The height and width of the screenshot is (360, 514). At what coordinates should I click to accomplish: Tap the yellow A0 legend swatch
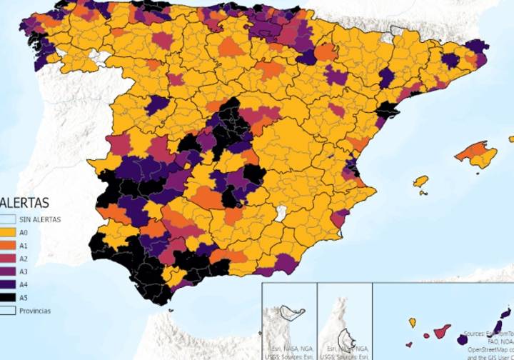[x=8, y=232]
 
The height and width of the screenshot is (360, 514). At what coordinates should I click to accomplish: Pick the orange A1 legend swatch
[x=8, y=245]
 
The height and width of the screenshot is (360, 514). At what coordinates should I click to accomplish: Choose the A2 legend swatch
[x=8, y=258]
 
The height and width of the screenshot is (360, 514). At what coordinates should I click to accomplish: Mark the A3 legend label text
[x=24, y=271]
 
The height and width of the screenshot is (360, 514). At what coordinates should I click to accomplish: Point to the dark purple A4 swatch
[x=8, y=284]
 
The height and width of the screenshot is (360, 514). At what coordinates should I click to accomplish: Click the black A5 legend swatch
[x=8, y=297]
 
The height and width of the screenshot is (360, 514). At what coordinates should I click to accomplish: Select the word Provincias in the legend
[x=35, y=311]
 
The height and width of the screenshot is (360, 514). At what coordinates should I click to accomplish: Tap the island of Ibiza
[x=421, y=181]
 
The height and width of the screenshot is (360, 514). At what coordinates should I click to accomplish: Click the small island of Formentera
[x=423, y=193]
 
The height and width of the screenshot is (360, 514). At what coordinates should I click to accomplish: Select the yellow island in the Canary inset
[x=413, y=323]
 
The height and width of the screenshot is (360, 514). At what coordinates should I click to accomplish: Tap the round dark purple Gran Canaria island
[x=463, y=339]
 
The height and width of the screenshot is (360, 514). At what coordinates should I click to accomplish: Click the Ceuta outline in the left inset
[x=291, y=311]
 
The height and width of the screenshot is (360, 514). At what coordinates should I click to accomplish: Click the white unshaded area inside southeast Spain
[x=281, y=213]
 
